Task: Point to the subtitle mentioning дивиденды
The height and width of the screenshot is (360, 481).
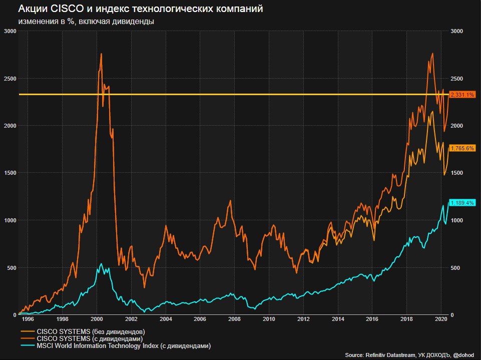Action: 86,22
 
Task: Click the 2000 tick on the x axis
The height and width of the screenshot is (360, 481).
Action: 97,319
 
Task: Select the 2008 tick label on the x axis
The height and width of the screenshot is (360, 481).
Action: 234,319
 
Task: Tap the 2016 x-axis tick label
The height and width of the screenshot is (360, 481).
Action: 372,319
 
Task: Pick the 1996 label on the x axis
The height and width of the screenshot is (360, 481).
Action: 28,319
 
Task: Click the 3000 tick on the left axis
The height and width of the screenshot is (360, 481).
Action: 10,31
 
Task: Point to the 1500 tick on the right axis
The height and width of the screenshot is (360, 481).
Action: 457,173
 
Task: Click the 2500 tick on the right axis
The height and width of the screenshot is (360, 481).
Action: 457,79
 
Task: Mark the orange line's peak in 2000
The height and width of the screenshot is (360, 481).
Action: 101,54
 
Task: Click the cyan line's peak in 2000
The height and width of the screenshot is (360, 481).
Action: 101,264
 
